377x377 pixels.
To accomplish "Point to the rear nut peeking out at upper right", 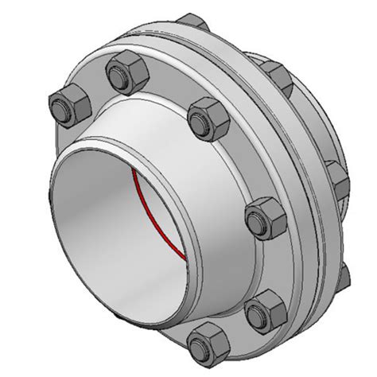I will click(280, 74).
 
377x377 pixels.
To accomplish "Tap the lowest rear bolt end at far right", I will click(344, 274).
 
